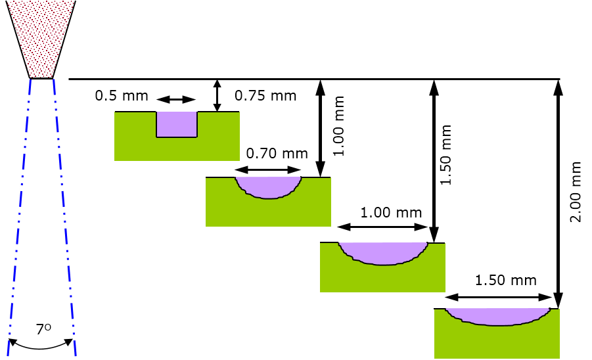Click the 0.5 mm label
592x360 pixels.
tap(114, 95)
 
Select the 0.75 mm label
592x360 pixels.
tap(262, 95)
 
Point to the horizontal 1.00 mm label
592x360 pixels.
tap(388, 212)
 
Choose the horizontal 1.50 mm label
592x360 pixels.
tap(503, 280)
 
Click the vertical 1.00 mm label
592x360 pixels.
tap(338, 127)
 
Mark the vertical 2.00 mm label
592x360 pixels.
tap(576, 193)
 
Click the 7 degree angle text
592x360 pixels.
tap(43, 329)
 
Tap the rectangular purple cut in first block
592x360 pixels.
tap(177, 124)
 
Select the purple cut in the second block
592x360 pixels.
tap(268, 187)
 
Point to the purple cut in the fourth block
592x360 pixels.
tap(497, 316)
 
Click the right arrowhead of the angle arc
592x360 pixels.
tap(69, 342)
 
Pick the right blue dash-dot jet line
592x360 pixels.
tap(64, 217)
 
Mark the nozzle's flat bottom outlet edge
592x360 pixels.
tap(41, 78)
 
